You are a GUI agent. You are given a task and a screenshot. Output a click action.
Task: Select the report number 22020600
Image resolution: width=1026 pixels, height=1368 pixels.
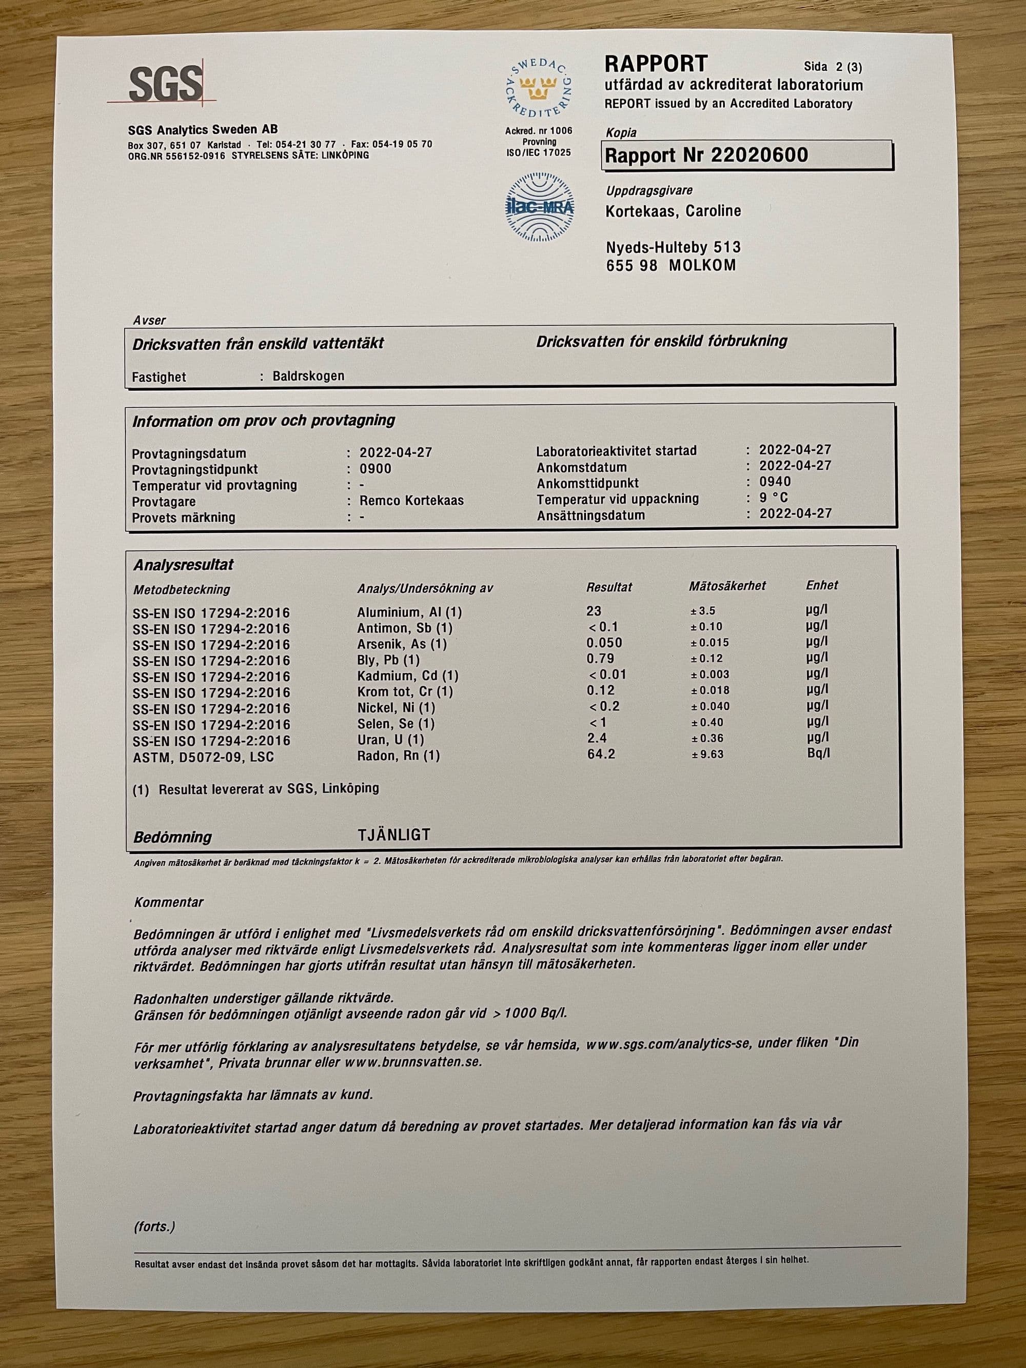pyautogui.click(x=759, y=154)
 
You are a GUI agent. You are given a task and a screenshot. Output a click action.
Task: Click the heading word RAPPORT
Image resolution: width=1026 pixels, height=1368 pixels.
pyautogui.click(x=656, y=64)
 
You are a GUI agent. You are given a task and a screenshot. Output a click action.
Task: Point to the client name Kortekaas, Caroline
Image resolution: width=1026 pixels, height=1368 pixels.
pyautogui.click(x=673, y=211)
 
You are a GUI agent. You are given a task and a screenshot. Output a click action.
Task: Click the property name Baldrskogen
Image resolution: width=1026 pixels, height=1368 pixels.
pyautogui.click(x=308, y=376)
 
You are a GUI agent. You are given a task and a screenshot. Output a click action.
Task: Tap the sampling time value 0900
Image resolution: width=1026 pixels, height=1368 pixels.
pyautogui.click(x=376, y=468)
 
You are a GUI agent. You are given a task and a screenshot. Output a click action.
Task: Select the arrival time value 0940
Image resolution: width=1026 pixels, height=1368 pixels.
pyautogui.click(x=776, y=482)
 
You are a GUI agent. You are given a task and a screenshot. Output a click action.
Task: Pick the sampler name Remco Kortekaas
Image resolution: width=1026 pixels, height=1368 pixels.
pyautogui.click(x=411, y=500)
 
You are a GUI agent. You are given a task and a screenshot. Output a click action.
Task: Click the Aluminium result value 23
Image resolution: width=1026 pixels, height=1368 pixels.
pyautogui.click(x=594, y=611)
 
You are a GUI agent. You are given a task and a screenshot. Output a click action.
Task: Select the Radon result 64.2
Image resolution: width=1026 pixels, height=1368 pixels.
pyautogui.click(x=601, y=754)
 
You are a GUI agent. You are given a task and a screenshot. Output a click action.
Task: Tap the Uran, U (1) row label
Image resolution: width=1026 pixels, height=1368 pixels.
pyautogui.click(x=390, y=740)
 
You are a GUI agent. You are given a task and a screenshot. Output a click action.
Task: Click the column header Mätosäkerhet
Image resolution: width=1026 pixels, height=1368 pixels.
pyautogui.click(x=727, y=586)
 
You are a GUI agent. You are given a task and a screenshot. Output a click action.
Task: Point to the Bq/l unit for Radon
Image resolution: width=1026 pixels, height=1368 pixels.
pyautogui.click(x=818, y=754)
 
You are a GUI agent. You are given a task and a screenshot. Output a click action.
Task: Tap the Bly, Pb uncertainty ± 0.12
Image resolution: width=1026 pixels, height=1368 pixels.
pyautogui.click(x=706, y=659)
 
